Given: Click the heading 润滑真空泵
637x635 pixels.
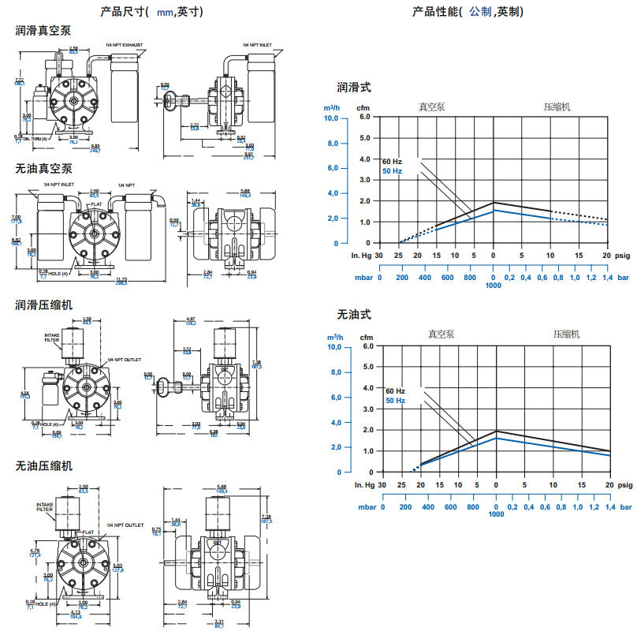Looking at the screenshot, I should pyautogui.click(x=44, y=30).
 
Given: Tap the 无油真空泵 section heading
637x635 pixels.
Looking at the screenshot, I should pyautogui.click(x=44, y=169).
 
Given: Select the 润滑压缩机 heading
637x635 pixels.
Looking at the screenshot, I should pyautogui.click(x=44, y=304).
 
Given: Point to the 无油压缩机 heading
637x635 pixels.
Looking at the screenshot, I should pyautogui.click(x=44, y=466).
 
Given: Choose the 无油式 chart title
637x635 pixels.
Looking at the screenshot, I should pyautogui.click(x=354, y=315).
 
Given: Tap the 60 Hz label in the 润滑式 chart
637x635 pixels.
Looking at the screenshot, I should pyautogui.click(x=393, y=162).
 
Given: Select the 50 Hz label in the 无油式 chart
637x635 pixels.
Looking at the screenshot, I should pyautogui.click(x=395, y=401).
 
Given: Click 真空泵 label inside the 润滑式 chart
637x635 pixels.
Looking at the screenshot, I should pyautogui.click(x=431, y=106).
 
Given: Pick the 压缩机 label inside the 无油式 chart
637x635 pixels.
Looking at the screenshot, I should pyautogui.click(x=566, y=334).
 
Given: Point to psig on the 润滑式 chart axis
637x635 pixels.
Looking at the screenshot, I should pyautogui.click(x=622, y=256).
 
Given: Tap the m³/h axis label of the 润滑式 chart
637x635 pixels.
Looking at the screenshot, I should pyautogui.click(x=332, y=107).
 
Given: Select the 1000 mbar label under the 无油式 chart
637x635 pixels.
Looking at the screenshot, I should pyautogui.click(x=496, y=514).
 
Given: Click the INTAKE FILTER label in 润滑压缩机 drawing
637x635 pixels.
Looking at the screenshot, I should pyautogui.click(x=53, y=337).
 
